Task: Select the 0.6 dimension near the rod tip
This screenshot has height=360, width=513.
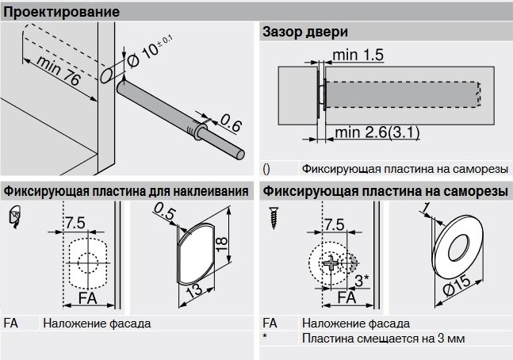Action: click(x=230, y=123)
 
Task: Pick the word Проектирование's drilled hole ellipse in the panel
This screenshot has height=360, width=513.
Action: click(x=105, y=75)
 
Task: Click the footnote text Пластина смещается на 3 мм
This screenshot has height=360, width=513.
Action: click(x=383, y=339)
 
